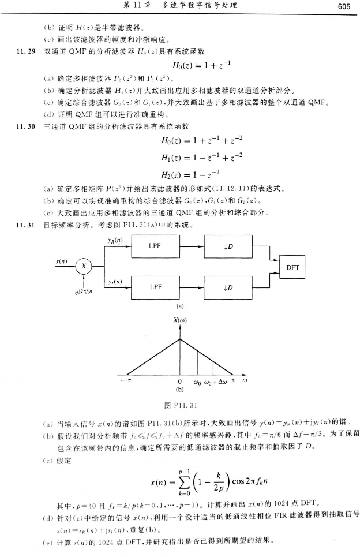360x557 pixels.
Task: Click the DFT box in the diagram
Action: [292, 267]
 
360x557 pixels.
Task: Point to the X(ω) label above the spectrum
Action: [180, 320]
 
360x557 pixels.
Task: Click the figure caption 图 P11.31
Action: [179, 403]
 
